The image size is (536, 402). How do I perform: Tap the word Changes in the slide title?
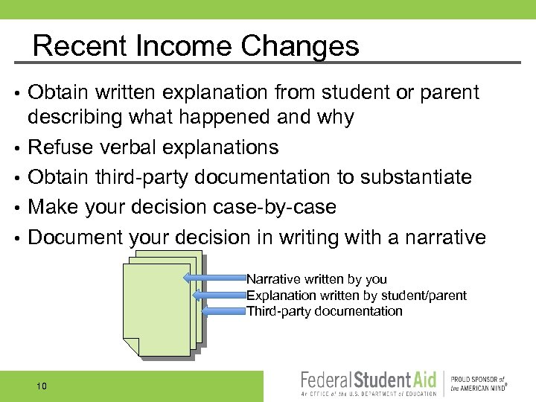tap(299, 46)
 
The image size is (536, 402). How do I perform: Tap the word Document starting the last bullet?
tap(75, 237)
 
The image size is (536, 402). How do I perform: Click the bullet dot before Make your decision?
tap(17, 208)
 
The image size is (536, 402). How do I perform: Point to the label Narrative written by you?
tap(316, 279)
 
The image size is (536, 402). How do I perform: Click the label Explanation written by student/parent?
tap(356, 296)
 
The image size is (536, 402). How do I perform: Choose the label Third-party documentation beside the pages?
tap(324, 311)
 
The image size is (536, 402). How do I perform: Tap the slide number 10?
tap(41, 386)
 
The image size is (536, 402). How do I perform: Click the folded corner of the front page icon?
tap(131, 346)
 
